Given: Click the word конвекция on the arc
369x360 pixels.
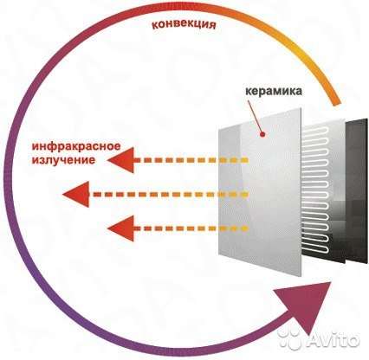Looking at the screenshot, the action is click(184, 24).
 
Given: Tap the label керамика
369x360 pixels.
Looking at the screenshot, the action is click(274, 92).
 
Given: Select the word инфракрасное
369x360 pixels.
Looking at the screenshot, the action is click(76, 146).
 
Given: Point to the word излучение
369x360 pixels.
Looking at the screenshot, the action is click(63, 160).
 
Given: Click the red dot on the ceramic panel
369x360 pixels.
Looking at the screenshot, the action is click(262, 134).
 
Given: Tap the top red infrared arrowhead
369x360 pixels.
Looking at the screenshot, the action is click(121, 160).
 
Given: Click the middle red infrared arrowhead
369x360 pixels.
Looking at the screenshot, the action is click(76, 194).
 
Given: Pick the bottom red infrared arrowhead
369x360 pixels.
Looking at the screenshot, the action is click(121, 228).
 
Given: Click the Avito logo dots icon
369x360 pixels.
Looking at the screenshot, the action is click(290, 340).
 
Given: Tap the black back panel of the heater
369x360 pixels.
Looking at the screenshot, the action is click(358, 190).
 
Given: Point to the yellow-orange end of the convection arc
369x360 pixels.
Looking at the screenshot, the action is click(336, 103).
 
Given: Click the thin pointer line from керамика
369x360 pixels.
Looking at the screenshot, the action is click(256, 116).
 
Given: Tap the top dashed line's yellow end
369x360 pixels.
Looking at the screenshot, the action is click(245, 160).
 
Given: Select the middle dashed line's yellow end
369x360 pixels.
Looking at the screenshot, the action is click(245, 194).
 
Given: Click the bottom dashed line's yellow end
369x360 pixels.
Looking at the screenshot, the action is click(245, 228).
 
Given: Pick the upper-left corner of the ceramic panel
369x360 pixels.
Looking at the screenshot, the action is click(219, 129).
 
